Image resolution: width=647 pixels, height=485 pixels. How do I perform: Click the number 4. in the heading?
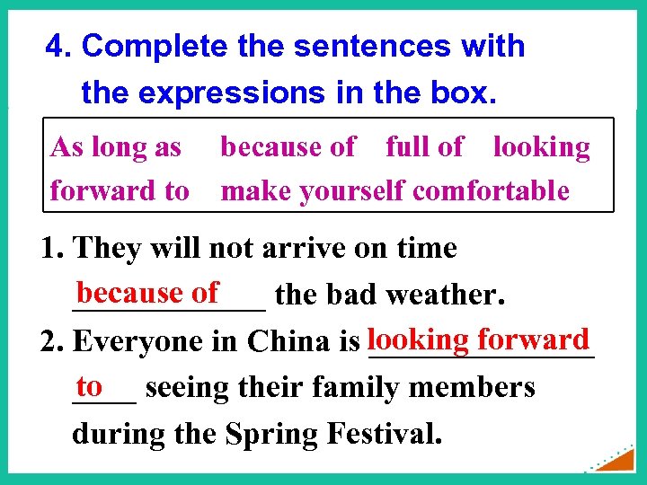[59, 46]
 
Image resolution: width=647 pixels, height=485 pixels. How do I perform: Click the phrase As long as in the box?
[116, 146]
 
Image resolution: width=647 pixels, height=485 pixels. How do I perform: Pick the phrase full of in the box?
[424, 146]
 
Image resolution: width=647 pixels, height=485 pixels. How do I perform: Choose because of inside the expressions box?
[288, 146]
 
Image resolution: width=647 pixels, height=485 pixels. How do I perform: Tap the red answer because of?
[147, 292]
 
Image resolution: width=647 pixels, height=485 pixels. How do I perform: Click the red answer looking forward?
[478, 339]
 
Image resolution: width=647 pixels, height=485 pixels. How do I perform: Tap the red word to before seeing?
[89, 386]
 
